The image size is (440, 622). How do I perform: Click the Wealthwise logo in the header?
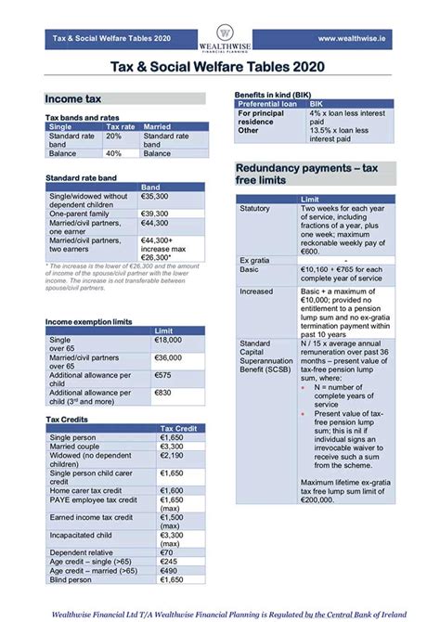tap(221, 37)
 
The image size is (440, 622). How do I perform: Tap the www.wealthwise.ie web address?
tap(353, 38)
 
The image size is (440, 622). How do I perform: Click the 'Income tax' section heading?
tap(73, 98)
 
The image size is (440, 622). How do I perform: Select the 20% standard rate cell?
tap(113, 136)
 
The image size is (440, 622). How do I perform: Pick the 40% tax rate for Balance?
tap(113, 153)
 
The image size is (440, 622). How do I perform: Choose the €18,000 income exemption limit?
tap(168, 341)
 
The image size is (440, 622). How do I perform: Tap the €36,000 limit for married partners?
tap(168, 357)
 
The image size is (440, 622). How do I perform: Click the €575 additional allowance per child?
tap(163, 374)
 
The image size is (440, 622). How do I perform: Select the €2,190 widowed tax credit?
tap(172, 455)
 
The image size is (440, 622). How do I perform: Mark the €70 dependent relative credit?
tap(166, 552)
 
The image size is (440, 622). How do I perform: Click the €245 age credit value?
tap(168, 562)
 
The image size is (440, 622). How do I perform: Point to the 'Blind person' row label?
tap(71, 579)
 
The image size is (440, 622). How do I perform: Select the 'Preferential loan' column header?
tap(269, 104)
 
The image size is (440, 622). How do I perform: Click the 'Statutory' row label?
tap(254, 209)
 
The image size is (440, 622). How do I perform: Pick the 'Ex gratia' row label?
tap(253, 259)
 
